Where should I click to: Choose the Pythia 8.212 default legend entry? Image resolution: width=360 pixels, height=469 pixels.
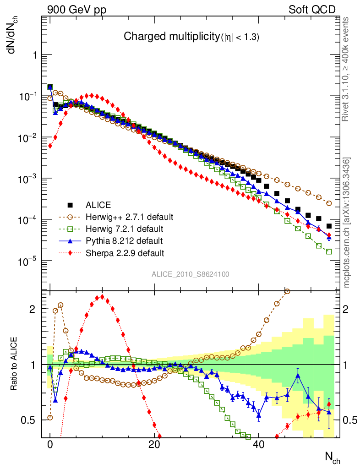click(124, 240)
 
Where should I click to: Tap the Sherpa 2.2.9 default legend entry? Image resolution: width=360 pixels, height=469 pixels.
click(125, 252)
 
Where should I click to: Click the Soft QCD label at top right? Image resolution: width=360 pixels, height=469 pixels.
click(312, 10)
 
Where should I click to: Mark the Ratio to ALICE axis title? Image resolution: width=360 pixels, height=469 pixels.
click(15, 365)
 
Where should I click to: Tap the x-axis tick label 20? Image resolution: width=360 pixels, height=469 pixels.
click(154, 444)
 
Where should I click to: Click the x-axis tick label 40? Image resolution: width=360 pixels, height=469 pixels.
click(259, 444)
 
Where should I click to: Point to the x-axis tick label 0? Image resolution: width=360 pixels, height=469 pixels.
click(50, 444)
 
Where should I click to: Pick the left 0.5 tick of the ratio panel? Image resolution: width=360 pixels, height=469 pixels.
click(31, 420)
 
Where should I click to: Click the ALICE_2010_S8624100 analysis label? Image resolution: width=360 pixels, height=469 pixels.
click(191, 274)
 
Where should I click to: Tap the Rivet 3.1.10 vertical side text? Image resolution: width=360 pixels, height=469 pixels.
click(346, 69)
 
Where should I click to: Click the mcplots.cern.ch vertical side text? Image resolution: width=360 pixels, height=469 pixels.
click(347, 223)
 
